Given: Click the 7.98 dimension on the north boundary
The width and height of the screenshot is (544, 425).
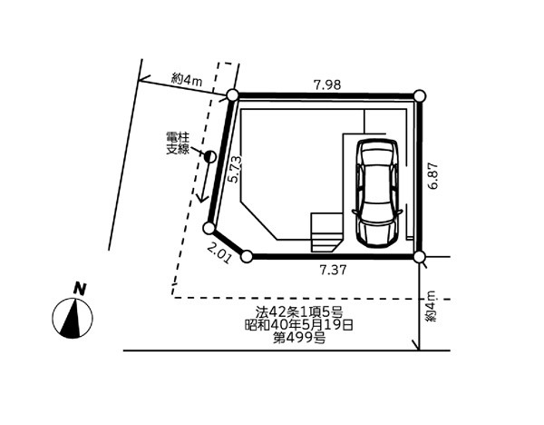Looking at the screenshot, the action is [327, 84].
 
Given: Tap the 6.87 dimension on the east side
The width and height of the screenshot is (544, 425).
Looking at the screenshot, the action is [433, 175].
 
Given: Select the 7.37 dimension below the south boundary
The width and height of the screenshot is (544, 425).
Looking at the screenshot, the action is [333, 270].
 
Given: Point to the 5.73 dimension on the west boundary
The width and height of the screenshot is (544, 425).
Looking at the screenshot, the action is [235, 170].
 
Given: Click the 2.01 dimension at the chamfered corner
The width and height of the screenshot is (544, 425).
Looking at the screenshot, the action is [219, 253].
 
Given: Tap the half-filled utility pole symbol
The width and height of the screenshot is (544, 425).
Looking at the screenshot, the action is [210, 157].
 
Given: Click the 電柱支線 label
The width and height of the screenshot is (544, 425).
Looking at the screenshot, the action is [178, 143].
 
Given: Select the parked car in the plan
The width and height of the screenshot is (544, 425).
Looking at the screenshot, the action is [377, 193].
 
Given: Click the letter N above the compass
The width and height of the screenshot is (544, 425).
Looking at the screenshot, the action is [80, 289].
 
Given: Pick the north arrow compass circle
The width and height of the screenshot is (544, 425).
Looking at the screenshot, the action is [73, 318].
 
